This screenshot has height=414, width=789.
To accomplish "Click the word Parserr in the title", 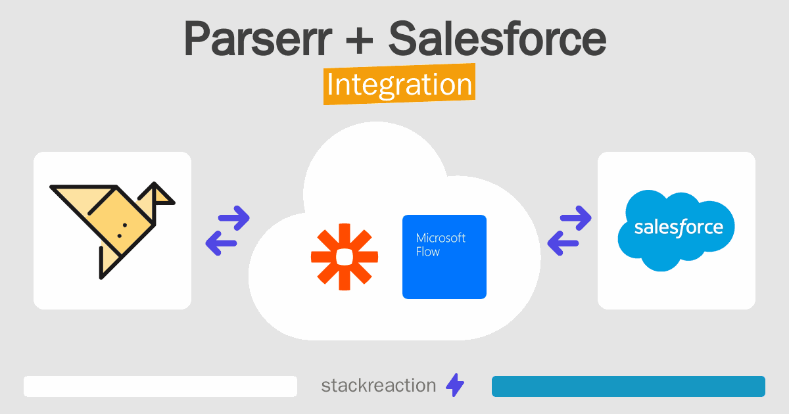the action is point(258,39).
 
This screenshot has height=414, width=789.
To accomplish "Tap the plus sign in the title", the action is point(359,41).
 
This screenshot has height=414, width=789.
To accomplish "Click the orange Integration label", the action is point(400,84).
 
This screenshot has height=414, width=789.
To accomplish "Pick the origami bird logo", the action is point(112,230).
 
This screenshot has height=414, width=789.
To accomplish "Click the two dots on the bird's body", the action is point(122,230).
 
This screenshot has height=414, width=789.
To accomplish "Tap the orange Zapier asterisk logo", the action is point(345,257).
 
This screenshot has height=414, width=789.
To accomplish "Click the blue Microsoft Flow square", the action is point(444,257).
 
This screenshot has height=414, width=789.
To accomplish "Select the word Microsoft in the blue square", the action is point(441,238).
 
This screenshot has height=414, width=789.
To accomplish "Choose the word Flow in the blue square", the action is point(427,252).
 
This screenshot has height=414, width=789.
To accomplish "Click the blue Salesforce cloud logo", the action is point(677,230).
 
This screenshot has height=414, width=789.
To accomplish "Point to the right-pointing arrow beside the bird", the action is point(234,218).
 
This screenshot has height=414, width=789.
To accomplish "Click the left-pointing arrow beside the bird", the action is point(221,243).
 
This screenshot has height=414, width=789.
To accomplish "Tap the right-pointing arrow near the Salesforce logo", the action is point(575,218).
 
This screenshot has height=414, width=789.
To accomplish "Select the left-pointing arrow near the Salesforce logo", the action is point(563,243).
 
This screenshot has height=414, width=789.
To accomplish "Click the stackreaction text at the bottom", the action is point(379,386).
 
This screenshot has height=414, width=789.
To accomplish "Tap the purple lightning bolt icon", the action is point(455,385).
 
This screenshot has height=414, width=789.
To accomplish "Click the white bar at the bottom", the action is point(160,386).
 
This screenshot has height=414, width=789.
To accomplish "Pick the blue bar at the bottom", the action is point(629,386).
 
